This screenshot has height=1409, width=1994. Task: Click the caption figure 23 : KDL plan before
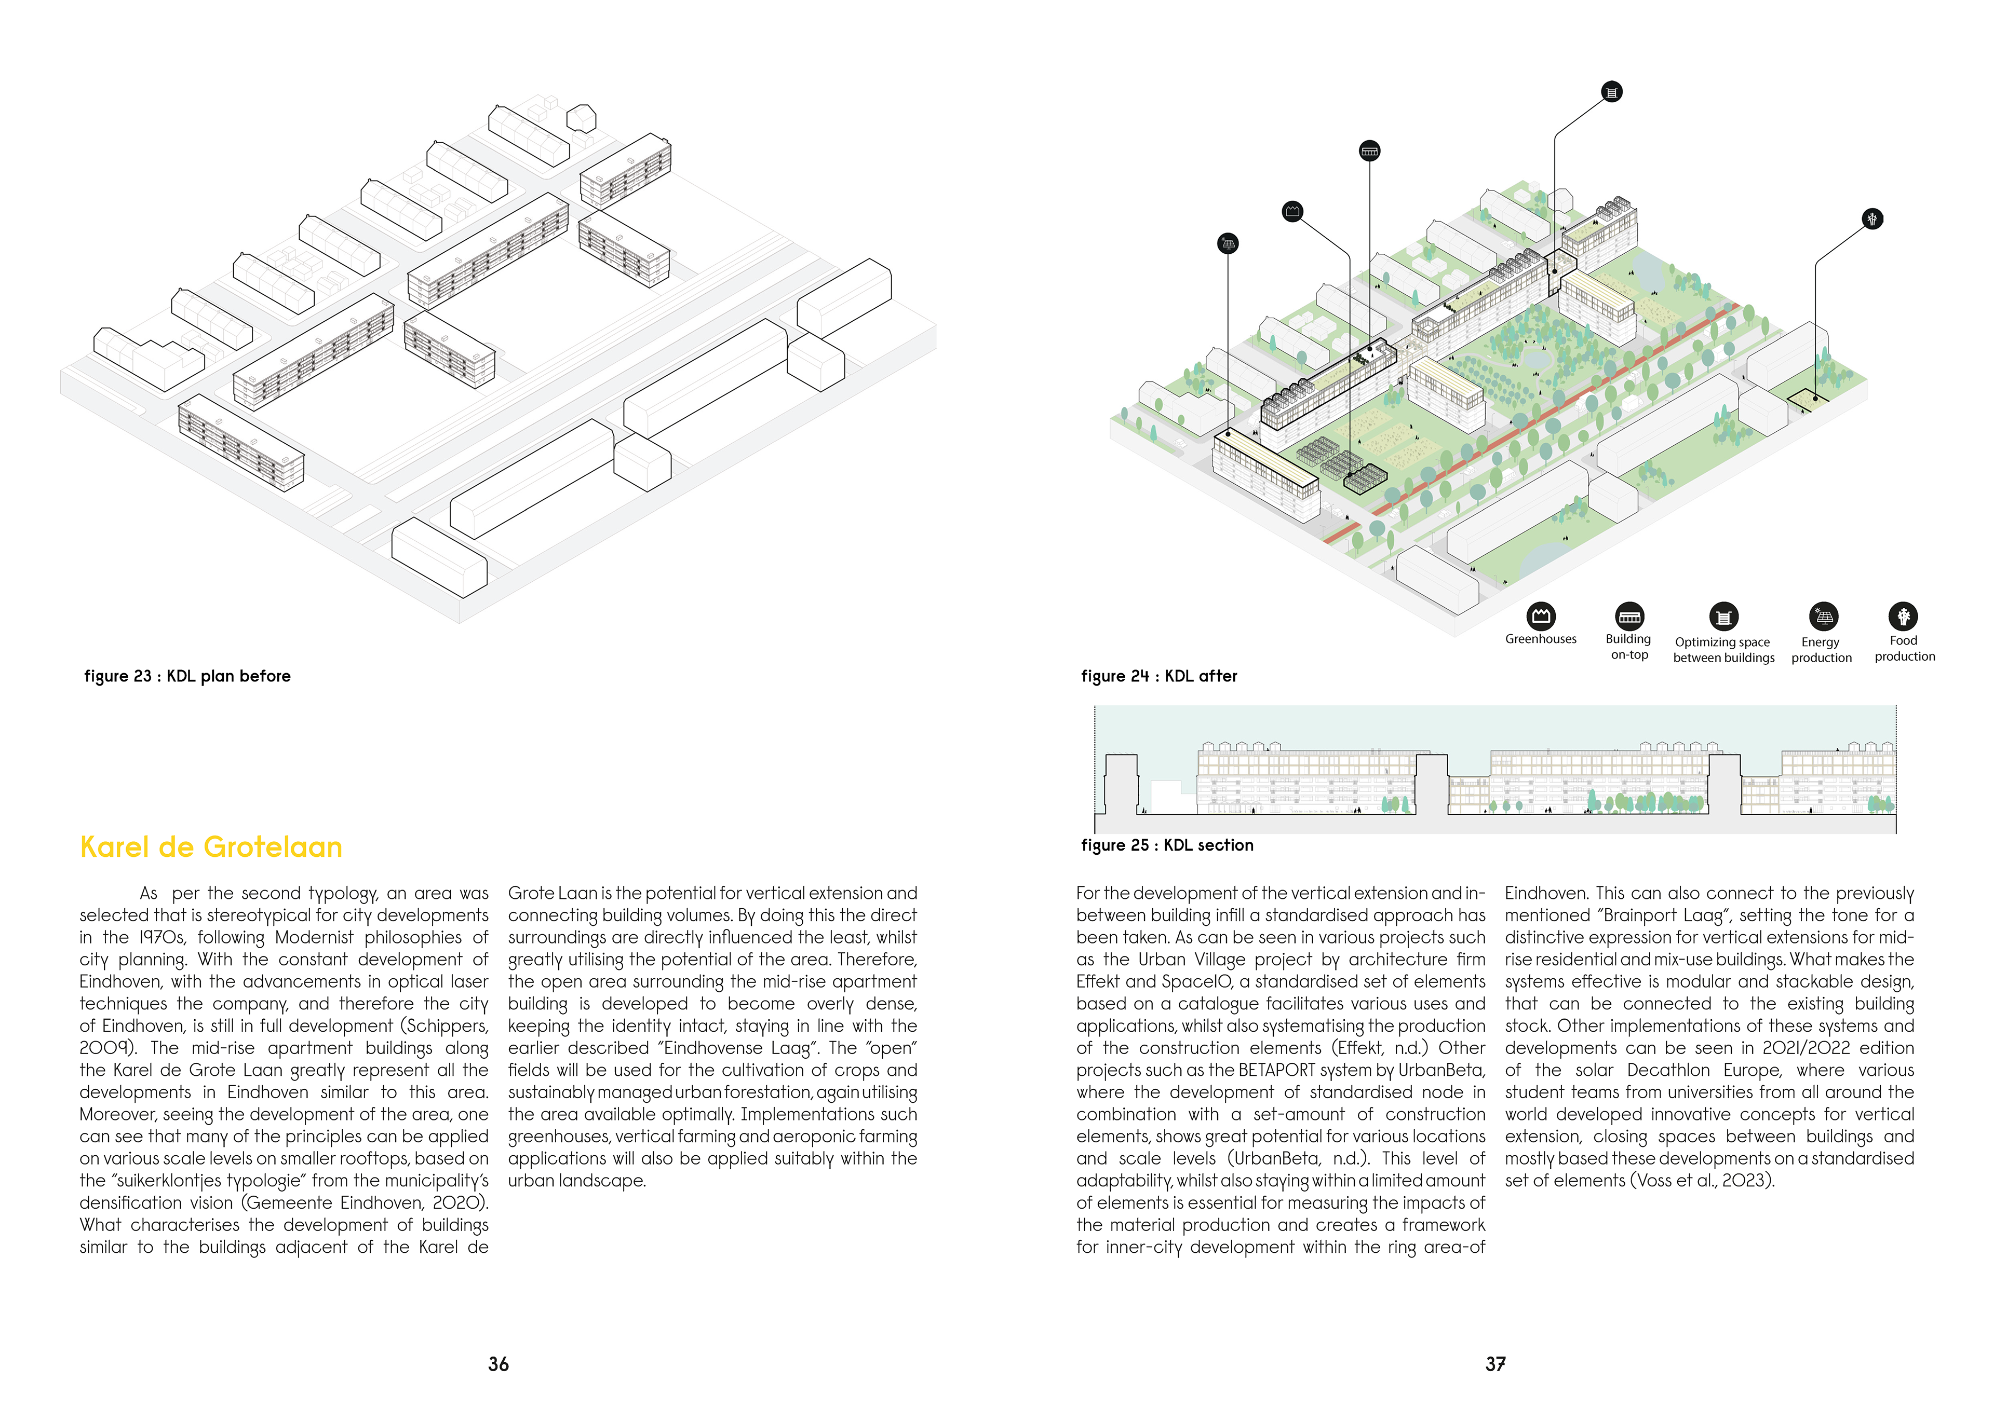[187, 676]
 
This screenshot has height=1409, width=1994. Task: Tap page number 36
[498, 1364]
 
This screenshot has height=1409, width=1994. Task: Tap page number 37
[1494, 1364]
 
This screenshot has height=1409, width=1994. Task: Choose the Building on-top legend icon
[1629, 617]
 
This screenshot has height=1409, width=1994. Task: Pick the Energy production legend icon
[1823, 617]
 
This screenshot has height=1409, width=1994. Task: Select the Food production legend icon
[1903, 617]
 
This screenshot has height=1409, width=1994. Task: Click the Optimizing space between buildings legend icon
[1724, 617]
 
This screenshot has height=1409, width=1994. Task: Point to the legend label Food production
[1905, 649]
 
